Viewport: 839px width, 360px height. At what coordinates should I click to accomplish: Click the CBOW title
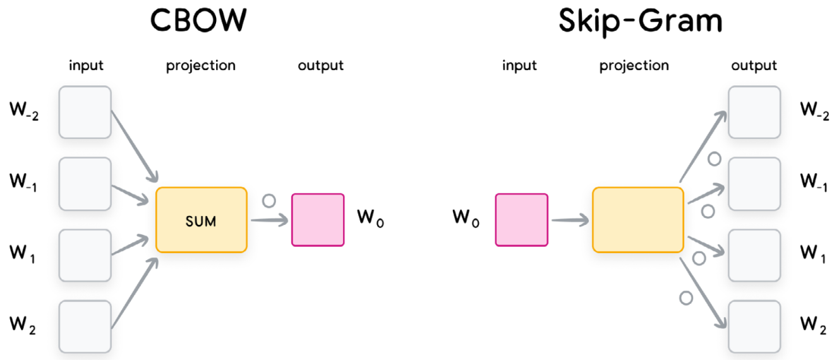click(198, 20)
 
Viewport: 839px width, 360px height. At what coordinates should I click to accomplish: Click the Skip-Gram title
click(640, 20)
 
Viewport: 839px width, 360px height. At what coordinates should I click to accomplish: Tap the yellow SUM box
click(201, 220)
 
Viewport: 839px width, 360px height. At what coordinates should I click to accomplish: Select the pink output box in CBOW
click(318, 220)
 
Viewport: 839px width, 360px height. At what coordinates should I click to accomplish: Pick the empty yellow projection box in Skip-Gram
click(637, 220)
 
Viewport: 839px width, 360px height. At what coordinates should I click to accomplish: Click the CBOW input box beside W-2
click(85, 112)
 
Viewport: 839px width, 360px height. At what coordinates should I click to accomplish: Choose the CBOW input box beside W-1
click(85, 184)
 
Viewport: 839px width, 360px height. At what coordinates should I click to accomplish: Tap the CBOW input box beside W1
click(85, 255)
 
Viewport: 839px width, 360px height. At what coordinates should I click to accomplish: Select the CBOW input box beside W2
click(85, 327)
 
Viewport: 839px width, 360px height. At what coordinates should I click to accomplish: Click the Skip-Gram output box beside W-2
click(754, 112)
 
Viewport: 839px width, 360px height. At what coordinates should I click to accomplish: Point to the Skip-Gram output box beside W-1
click(754, 184)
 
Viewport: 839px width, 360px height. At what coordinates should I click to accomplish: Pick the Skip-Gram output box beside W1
click(754, 255)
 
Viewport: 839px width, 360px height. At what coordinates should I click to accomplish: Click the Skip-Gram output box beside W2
click(754, 327)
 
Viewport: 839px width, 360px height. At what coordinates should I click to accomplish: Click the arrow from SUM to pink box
click(268, 220)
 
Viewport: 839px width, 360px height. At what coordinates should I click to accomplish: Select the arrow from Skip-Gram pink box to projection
click(569, 220)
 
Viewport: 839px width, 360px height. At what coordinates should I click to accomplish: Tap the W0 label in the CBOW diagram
click(370, 219)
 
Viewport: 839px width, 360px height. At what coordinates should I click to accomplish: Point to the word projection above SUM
click(200, 65)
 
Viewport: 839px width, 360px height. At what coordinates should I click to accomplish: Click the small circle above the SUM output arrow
click(269, 201)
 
